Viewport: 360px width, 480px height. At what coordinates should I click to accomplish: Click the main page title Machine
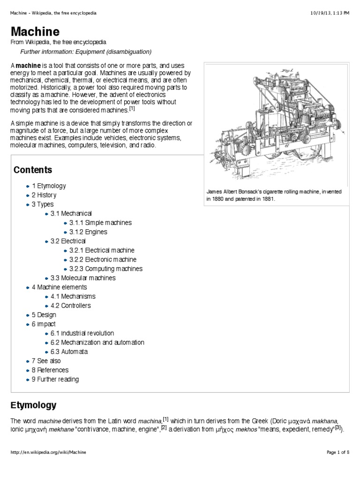[x=35, y=32]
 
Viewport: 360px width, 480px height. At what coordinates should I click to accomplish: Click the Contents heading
[x=33, y=170]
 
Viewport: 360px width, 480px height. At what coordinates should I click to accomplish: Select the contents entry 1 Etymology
[x=49, y=186]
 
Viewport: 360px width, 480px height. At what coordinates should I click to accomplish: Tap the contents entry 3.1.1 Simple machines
[x=100, y=223]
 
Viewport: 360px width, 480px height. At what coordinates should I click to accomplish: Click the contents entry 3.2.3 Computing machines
[x=105, y=269]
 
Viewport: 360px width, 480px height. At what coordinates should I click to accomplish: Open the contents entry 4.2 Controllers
[x=70, y=306]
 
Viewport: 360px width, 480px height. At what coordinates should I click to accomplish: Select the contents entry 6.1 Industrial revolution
[x=82, y=333]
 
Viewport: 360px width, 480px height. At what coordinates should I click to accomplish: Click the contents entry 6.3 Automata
[x=69, y=352]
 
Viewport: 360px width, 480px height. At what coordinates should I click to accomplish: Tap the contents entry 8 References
[x=50, y=370]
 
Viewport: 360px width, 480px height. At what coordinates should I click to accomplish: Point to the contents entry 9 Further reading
[x=55, y=379]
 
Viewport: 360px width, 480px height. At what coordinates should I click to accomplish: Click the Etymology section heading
[x=33, y=405]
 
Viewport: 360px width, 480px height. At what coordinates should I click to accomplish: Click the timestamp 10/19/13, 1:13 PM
[x=330, y=13]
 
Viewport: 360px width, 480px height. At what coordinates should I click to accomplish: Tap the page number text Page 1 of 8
[x=338, y=452]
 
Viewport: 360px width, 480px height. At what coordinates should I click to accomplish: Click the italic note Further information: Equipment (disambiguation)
[x=86, y=52]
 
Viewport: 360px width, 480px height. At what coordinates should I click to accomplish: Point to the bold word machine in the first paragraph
[x=29, y=66]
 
